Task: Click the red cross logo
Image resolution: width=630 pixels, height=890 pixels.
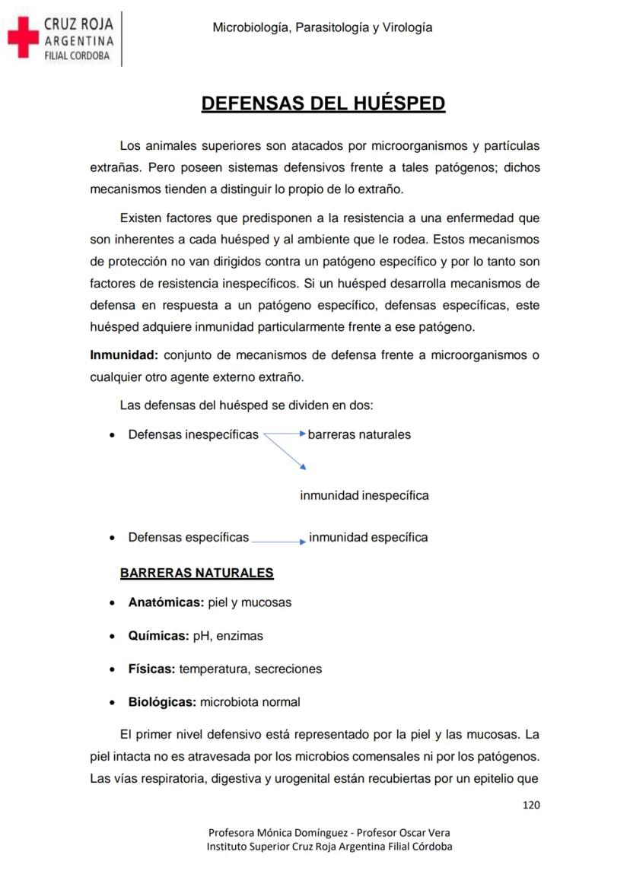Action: click(x=23, y=37)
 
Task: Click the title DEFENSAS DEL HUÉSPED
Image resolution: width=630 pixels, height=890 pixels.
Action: click(x=323, y=104)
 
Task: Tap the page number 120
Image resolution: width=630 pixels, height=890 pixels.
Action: click(x=531, y=805)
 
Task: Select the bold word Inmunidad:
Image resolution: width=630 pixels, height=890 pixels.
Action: click(x=124, y=355)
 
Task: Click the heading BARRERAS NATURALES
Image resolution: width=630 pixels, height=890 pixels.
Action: click(x=196, y=573)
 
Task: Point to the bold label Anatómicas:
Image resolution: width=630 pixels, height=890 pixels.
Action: click(x=166, y=602)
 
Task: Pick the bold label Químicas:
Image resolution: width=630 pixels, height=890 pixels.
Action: click(x=158, y=636)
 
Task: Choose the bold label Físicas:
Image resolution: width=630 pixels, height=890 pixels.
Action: click(x=151, y=669)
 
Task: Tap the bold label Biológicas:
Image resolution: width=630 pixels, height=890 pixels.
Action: click(x=162, y=702)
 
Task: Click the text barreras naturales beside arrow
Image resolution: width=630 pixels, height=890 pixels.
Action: click(x=359, y=435)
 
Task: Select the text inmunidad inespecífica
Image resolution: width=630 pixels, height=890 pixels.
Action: click(x=364, y=496)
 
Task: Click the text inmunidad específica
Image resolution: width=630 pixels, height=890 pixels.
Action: click(x=368, y=538)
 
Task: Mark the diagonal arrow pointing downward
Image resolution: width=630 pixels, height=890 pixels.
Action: click(x=285, y=452)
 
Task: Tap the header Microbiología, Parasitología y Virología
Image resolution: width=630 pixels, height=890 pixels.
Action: click(x=323, y=28)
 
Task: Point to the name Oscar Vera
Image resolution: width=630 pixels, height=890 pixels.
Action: click(x=425, y=832)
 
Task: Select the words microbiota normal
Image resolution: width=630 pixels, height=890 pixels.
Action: click(x=250, y=702)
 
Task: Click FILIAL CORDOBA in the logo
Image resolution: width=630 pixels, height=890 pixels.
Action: click(x=76, y=56)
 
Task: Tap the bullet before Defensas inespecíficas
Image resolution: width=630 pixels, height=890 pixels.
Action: click(x=113, y=436)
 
